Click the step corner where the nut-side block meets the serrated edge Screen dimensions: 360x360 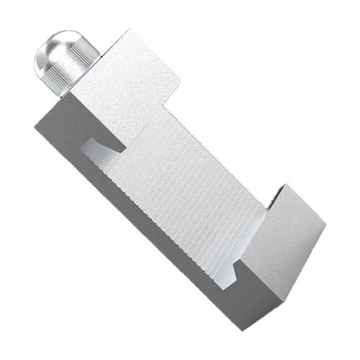166,103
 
